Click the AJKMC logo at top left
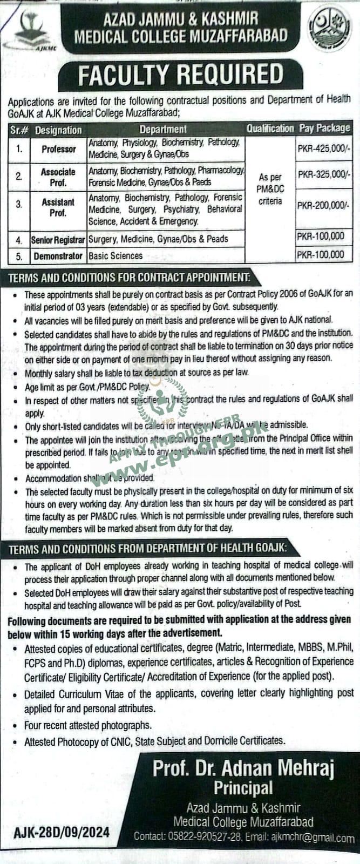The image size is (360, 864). (x=25, y=30)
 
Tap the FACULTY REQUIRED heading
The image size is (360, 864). (x=180, y=76)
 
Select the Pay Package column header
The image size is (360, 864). (x=324, y=129)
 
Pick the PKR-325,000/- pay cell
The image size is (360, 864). (x=323, y=175)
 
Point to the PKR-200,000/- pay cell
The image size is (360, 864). (x=323, y=205)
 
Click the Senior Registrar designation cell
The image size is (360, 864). (x=58, y=239)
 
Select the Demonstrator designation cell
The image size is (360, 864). (x=58, y=256)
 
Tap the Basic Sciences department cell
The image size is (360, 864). (x=116, y=256)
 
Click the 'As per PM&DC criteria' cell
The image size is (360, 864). (x=270, y=189)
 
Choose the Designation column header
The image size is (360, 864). (x=58, y=130)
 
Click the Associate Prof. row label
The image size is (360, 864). (x=58, y=177)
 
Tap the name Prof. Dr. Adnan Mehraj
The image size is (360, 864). (x=243, y=768)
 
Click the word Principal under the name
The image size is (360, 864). (x=243, y=788)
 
